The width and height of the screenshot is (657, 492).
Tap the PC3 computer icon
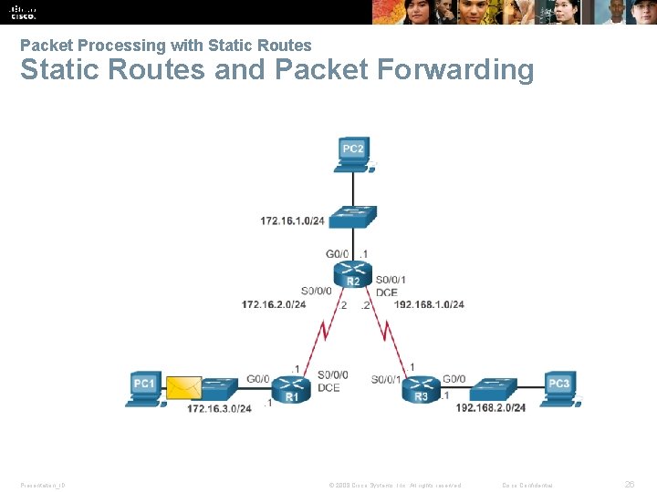(x=558, y=386)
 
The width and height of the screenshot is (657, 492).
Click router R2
(x=353, y=273)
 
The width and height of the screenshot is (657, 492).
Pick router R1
(x=292, y=390)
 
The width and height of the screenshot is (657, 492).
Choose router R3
(x=421, y=390)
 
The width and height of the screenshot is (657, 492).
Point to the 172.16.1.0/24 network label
(x=292, y=221)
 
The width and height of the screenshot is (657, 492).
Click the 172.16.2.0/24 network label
(x=274, y=304)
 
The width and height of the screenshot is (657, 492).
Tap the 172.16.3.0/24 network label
(x=219, y=408)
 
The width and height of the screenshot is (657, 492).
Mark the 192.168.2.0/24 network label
(x=491, y=408)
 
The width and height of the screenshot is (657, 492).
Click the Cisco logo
(x=23, y=12)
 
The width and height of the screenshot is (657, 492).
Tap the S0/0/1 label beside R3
(x=387, y=379)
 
